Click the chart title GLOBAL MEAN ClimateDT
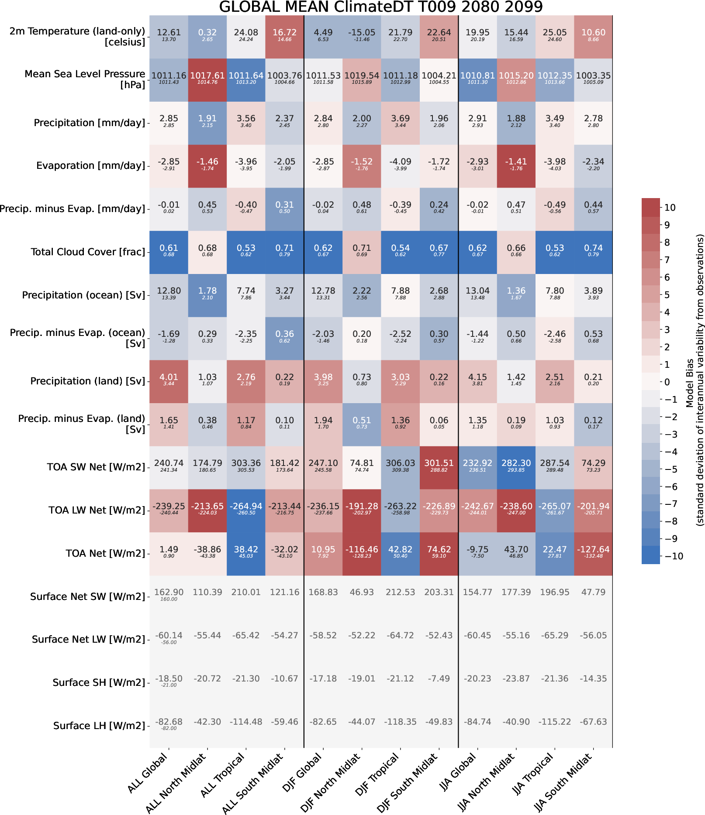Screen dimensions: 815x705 [380, 7]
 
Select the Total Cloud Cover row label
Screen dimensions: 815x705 [88, 252]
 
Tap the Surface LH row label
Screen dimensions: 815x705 [99, 726]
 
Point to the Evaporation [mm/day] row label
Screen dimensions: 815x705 [90, 166]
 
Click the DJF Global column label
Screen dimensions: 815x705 [302, 773]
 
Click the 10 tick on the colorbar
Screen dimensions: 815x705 [670, 208]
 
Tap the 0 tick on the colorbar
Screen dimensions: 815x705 [667, 382]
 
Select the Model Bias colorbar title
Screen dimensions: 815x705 [695, 380]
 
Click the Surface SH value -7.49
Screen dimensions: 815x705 [439, 679]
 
